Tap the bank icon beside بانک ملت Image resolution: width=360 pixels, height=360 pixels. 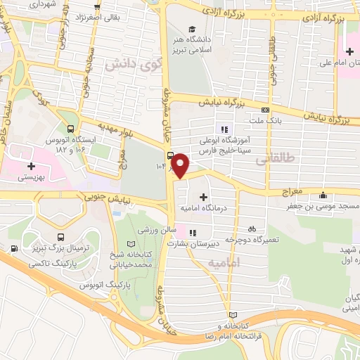click(x=264, y=110)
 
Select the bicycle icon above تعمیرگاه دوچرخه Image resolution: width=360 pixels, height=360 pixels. click(x=251, y=229)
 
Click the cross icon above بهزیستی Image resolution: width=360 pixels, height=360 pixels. click(x=30, y=166)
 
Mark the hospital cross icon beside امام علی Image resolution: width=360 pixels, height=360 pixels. click(x=349, y=51)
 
